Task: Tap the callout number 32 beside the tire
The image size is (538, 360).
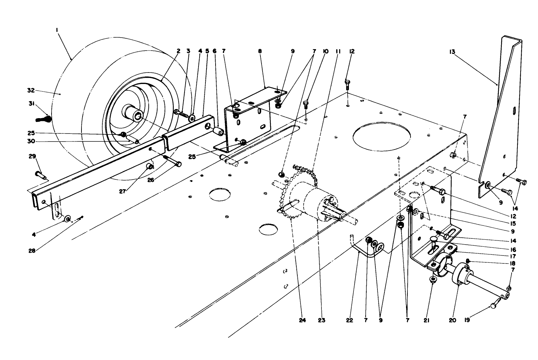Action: tap(31, 90)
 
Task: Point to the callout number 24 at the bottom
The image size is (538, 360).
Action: tap(302, 320)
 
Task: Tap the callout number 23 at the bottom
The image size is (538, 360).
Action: tap(321, 320)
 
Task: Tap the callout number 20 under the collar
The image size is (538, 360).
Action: tap(452, 320)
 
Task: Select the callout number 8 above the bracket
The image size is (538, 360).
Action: tap(260, 51)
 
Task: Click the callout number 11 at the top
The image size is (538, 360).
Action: tap(337, 51)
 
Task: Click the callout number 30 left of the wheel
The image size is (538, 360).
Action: tap(30, 141)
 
